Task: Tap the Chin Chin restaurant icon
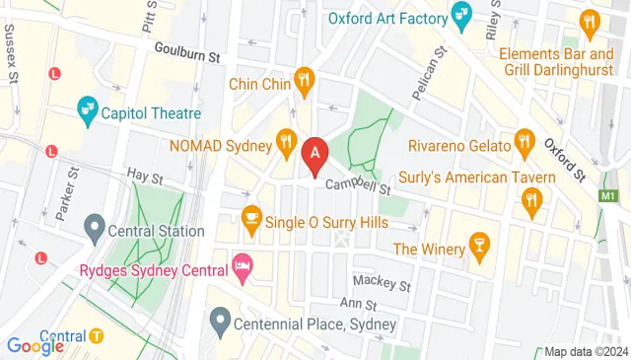coord(306,84)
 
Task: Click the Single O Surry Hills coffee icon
coord(252,222)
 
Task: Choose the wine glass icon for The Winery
coord(478,248)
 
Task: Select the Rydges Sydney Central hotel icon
coord(242,264)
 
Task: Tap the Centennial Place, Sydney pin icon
coord(220,322)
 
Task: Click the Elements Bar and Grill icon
coord(590,22)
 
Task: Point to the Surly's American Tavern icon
coord(532,202)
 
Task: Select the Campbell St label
coord(360,184)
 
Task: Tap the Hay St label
coord(145,177)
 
